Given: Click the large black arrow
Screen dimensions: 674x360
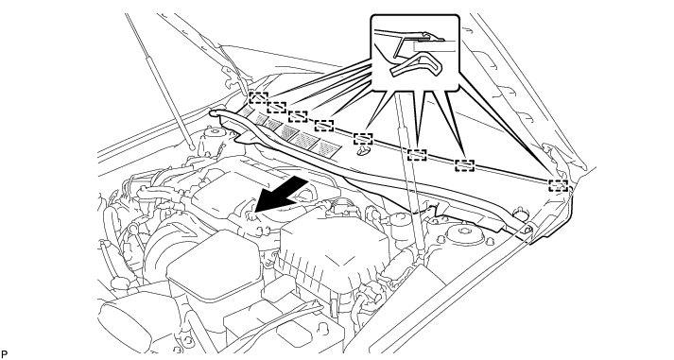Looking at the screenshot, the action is click(x=282, y=196).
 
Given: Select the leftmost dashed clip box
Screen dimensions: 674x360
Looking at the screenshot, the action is click(x=258, y=98).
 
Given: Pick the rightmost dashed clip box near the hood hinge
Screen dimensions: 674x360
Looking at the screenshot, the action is click(x=558, y=185).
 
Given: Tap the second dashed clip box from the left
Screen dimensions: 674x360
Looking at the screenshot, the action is click(x=276, y=107).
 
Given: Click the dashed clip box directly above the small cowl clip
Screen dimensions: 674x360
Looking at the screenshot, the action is click(x=363, y=139).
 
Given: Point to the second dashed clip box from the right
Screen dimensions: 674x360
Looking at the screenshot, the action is click(x=465, y=165).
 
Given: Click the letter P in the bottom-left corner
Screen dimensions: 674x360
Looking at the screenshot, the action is click(x=5, y=354).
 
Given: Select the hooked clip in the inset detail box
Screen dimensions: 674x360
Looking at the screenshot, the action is click(x=416, y=64).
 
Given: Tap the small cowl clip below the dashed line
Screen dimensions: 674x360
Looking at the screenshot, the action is click(x=364, y=150).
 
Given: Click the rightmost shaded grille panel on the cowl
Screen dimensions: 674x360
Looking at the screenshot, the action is click(x=330, y=147).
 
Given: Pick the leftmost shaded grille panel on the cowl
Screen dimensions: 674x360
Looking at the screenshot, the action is click(x=247, y=111).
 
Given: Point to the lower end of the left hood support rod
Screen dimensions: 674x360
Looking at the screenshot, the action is click(x=192, y=147).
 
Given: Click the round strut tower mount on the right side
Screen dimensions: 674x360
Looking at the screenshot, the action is click(x=465, y=233).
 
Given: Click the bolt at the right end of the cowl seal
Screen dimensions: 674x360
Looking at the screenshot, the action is click(x=528, y=230).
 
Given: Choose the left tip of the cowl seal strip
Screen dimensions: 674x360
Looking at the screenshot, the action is click(x=212, y=112).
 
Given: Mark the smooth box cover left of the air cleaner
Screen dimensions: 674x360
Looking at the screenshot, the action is click(x=214, y=270).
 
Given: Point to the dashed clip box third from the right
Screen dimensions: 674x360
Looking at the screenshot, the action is click(x=417, y=155).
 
